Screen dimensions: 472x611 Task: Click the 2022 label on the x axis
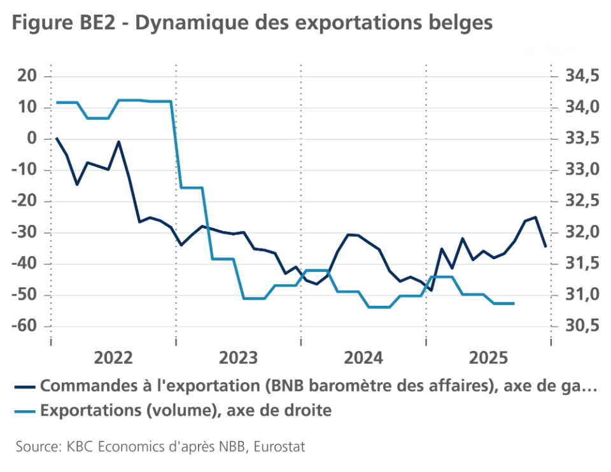(x=113, y=357)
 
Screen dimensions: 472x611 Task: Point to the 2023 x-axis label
(x=238, y=357)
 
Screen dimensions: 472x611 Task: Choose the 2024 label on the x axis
(x=363, y=357)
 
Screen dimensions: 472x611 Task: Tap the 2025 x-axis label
(x=488, y=357)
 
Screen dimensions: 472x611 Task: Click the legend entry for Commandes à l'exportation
(x=318, y=386)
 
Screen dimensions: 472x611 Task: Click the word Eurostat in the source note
(x=279, y=447)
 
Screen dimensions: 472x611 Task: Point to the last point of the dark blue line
(x=545, y=246)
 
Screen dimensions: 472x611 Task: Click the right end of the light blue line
(x=514, y=303)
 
